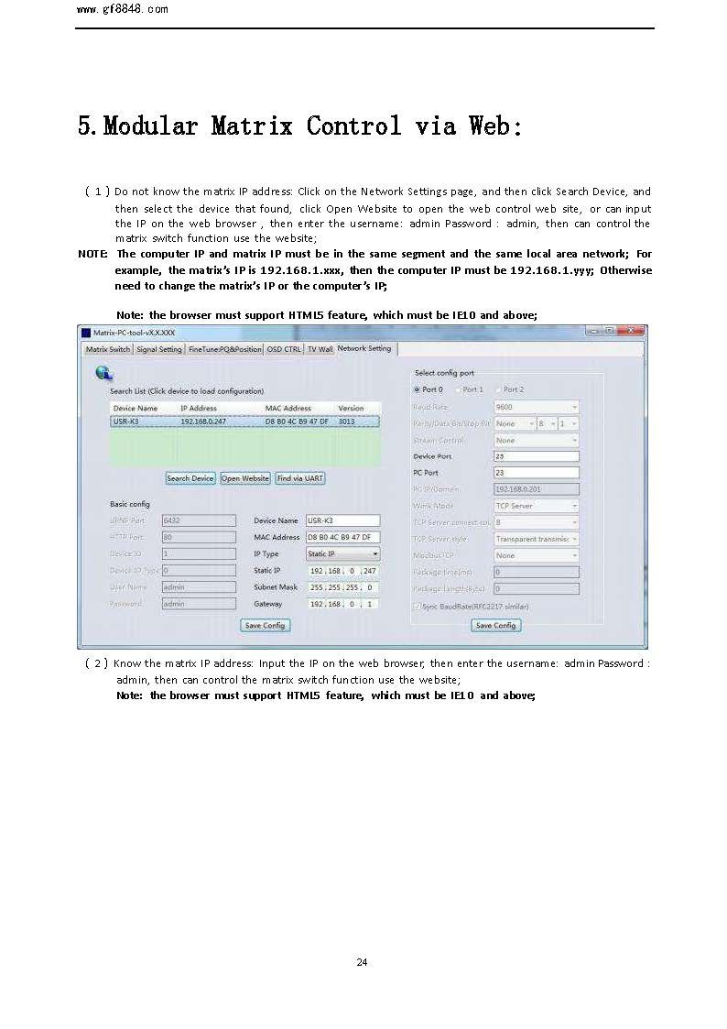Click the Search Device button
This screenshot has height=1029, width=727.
pyautogui.click(x=190, y=478)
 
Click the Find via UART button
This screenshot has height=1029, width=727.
pyautogui.click(x=300, y=478)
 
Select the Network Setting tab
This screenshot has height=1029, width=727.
pyautogui.click(x=364, y=349)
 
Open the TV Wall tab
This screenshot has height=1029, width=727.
pyautogui.click(x=320, y=349)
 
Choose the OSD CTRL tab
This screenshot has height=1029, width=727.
pyautogui.click(x=284, y=349)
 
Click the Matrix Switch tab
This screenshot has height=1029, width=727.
pyautogui.click(x=108, y=349)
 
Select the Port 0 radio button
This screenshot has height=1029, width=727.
pyautogui.click(x=418, y=389)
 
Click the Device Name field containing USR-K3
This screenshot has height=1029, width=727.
pyautogui.click(x=342, y=520)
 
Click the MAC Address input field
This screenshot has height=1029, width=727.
pyautogui.click(x=342, y=537)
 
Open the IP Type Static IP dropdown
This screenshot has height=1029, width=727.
pyautogui.click(x=342, y=554)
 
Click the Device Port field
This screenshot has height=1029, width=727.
pyautogui.click(x=536, y=456)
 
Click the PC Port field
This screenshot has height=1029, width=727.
pyautogui.click(x=536, y=473)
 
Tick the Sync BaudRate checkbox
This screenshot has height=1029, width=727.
pyautogui.click(x=417, y=607)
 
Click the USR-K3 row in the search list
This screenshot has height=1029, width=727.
pyautogui.click(x=244, y=421)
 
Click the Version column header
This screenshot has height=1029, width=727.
pyautogui.click(x=351, y=408)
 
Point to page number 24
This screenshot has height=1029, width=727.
pyautogui.click(x=362, y=962)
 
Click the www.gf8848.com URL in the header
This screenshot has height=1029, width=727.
pyautogui.click(x=123, y=9)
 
